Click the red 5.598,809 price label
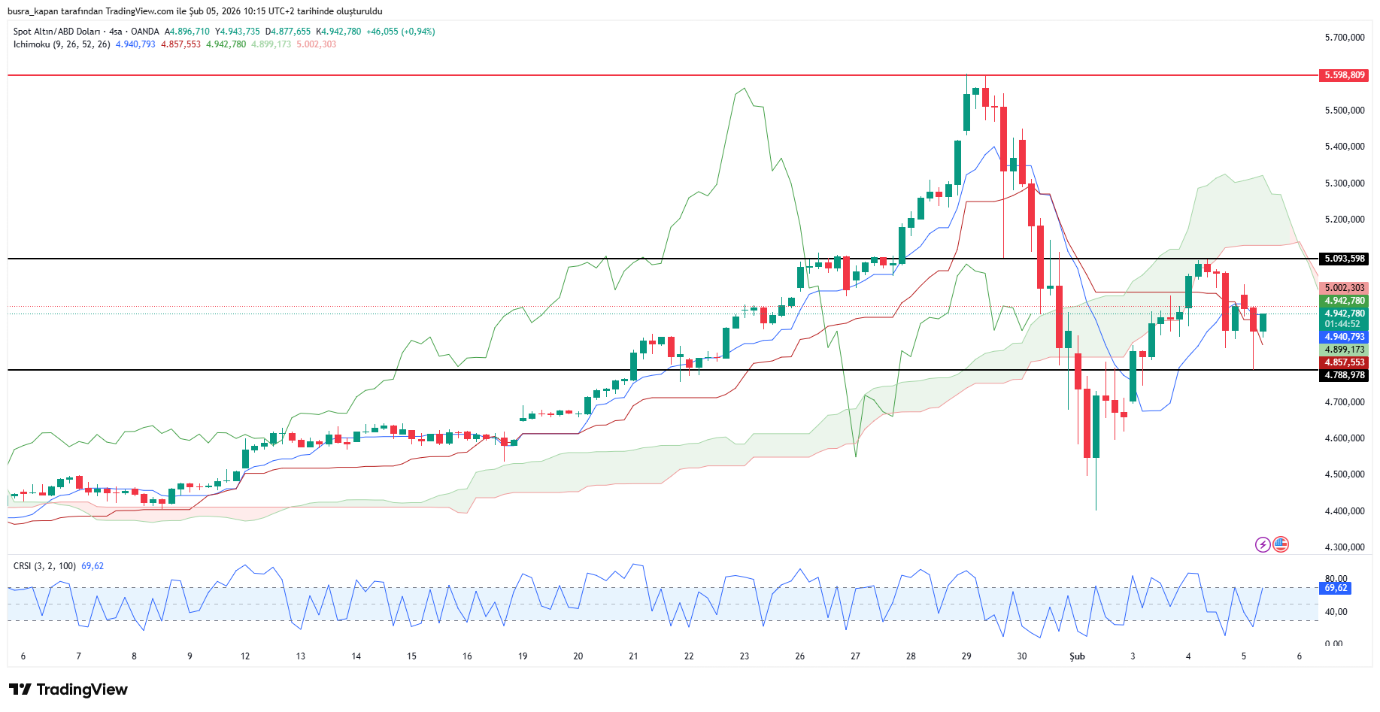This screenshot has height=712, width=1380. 1344,75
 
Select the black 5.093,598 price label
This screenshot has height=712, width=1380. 1344,259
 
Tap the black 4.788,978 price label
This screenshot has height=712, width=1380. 1344,375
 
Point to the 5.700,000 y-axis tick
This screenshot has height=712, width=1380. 1344,38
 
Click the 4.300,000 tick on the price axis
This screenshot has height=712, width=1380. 1344,547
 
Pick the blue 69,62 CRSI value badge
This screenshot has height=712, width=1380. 1335,588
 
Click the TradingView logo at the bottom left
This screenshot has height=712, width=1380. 68,689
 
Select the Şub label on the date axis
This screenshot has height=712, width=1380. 1077,656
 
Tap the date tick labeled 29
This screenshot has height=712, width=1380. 966,656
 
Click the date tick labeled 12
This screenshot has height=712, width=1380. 245,656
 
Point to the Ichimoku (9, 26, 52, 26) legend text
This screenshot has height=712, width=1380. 62,44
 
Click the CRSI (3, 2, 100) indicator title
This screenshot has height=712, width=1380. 44,566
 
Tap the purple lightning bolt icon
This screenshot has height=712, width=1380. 1263,544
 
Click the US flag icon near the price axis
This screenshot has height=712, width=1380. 1281,544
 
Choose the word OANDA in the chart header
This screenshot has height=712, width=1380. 145,32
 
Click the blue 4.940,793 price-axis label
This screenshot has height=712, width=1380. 1344,337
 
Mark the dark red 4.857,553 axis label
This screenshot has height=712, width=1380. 1344,362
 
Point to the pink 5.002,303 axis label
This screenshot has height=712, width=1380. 1344,288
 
